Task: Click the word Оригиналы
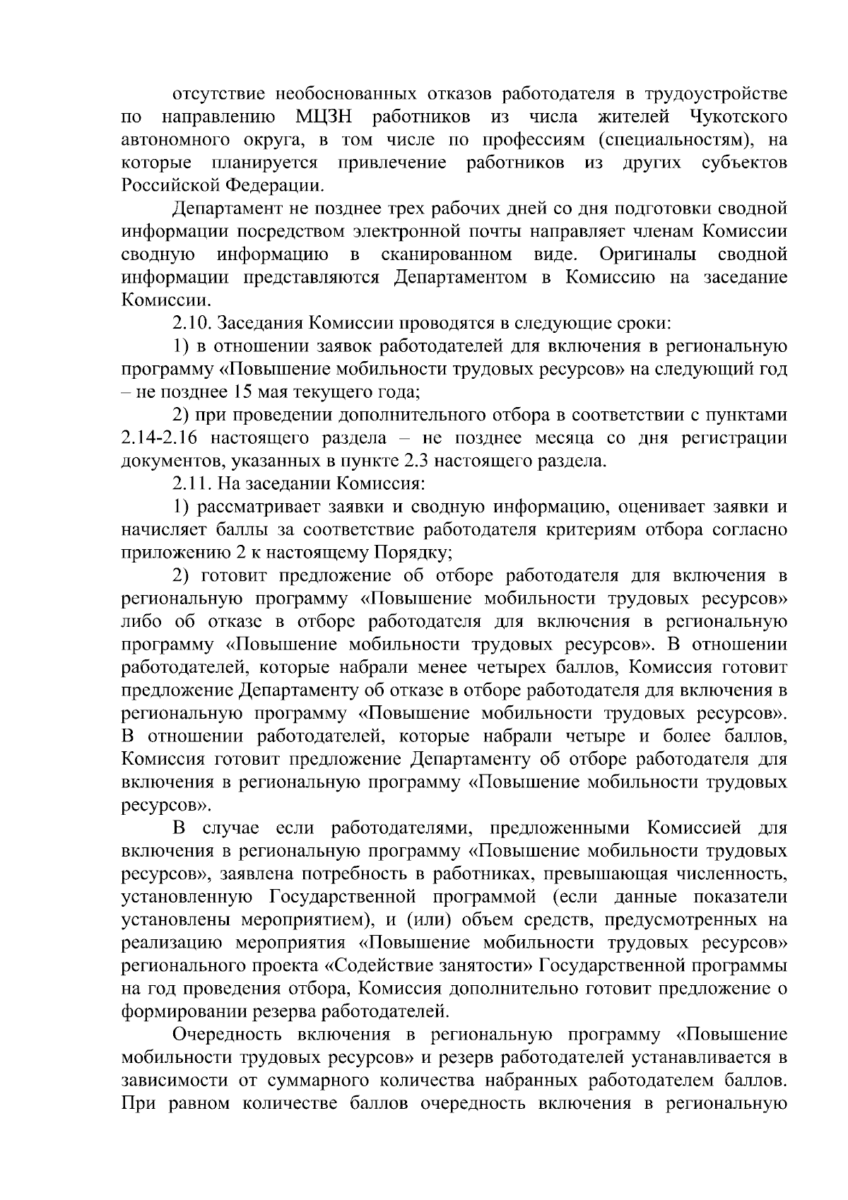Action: [646, 254]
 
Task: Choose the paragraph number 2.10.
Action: [192, 324]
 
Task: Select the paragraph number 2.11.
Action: [192, 484]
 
